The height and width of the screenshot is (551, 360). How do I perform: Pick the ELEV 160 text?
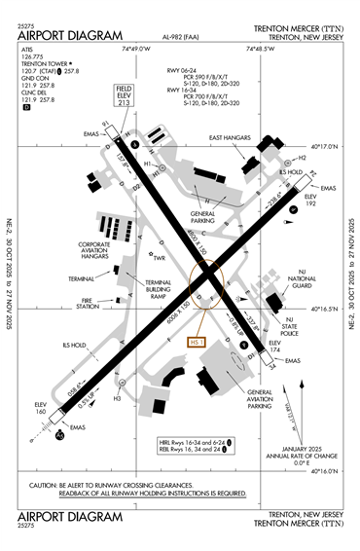[40, 407]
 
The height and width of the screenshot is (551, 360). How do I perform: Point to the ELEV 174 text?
[274, 347]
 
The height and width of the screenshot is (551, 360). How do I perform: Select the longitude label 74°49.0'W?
[136, 47]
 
